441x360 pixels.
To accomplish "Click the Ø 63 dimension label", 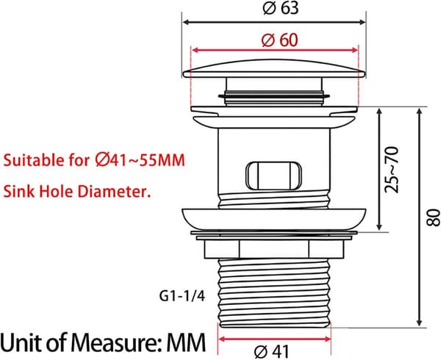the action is [x=281, y=8].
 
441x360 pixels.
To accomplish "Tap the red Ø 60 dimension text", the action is [x=279, y=40].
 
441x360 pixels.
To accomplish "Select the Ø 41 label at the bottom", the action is [x=271, y=352].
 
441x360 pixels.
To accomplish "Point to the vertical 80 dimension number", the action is [x=433, y=217].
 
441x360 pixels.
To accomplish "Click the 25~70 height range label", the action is [x=392, y=170].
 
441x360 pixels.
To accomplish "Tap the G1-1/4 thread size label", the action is [x=182, y=296].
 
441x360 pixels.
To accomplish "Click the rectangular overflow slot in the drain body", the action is [x=273, y=176].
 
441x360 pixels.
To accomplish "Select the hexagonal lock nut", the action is [x=274, y=249].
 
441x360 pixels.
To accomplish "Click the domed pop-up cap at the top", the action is [x=274, y=68].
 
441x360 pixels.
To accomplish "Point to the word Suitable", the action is [x=34, y=160].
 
